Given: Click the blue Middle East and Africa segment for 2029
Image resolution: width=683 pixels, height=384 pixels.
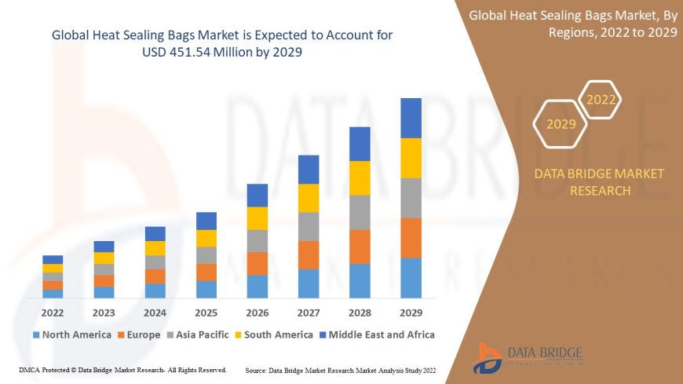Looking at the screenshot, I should pos(411,118).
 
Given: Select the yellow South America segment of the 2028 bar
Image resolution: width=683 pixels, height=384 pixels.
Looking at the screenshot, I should pos(360,177).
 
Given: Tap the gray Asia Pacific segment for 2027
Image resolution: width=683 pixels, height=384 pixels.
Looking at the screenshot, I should pos(309,226).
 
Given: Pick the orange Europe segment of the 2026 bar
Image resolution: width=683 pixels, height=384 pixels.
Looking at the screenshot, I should pos(257,263).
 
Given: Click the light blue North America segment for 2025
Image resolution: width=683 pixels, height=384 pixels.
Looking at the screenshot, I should pos(206,289).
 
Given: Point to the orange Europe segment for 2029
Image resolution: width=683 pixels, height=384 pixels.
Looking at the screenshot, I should pos(411,238).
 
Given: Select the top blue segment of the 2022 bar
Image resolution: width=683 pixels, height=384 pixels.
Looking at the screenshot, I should pos(53,259).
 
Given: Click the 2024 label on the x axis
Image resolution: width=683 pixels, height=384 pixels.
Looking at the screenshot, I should pos(155,312).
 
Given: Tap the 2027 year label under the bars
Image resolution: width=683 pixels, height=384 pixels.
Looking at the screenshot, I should pos(309,312).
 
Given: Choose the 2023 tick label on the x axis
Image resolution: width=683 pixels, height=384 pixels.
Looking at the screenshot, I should pos(104,312).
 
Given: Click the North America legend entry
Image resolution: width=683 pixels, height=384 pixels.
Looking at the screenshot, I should pos(71,335).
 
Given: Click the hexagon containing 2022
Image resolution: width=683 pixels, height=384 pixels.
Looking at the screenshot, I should pos(601,100).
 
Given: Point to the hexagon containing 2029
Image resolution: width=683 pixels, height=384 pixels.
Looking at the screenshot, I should pos(561,124).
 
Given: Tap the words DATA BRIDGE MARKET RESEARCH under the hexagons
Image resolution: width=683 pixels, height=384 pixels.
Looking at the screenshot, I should pos(599,181).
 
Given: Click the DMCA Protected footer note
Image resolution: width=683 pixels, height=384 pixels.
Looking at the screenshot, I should pos(122,369).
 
